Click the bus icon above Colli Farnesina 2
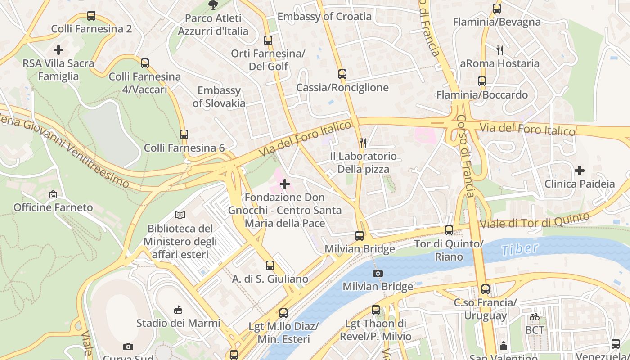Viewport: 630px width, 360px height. tap(91, 16)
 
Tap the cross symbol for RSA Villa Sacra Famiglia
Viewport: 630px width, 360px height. tap(58, 50)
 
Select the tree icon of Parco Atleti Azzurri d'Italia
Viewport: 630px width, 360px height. tap(213, 5)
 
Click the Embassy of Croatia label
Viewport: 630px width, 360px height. tap(324, 17)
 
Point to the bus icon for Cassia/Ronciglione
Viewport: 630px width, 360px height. tap(342, 74)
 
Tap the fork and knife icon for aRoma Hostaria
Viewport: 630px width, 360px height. tap(499, 50)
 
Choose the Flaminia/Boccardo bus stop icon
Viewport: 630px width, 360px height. tap(482, 81)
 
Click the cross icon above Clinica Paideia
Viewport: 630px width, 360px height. tap(580, 171)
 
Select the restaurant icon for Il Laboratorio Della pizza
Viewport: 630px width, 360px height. tap(363, 143)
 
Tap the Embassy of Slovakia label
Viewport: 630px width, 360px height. tap(219, 97)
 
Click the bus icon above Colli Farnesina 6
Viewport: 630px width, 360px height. tap(184, 134)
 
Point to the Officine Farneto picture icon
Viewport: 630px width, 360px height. tap(53, 194)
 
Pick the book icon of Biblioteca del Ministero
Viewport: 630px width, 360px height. tap(180, 216)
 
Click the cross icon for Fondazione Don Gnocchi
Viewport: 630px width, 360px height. tap(285, 184)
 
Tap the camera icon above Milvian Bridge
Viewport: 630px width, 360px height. tap(378, 273)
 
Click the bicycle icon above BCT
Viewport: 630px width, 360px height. tap(535, 317)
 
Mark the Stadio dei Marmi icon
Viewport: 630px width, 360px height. tap(178, 310)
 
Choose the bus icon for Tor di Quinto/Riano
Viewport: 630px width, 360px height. tap(449, 230)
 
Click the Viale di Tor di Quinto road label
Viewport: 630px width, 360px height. tap(535, 220)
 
